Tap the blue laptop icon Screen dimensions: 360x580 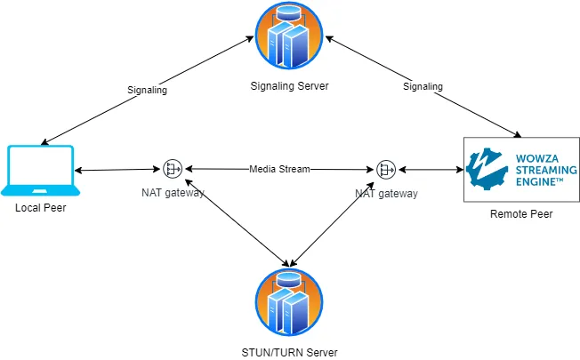tap(40, 171)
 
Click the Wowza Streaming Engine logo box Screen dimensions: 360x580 tap(521, 168)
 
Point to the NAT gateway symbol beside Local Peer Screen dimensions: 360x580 tap(173, 168)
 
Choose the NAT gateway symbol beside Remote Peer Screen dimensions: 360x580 tap(386, 168)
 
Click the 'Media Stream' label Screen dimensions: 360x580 tap(279, 168)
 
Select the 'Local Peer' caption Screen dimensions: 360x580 tap(41, 208)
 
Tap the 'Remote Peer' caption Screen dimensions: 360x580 tap(521, 214)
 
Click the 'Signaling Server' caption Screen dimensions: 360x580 tap(289, 85)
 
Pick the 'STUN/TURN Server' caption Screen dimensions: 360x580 tap(289, 352)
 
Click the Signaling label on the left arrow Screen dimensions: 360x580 tap(148, 90)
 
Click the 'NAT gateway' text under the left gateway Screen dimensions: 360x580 tap(173, 192)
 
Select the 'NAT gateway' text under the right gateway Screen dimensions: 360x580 tap(386, 192)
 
